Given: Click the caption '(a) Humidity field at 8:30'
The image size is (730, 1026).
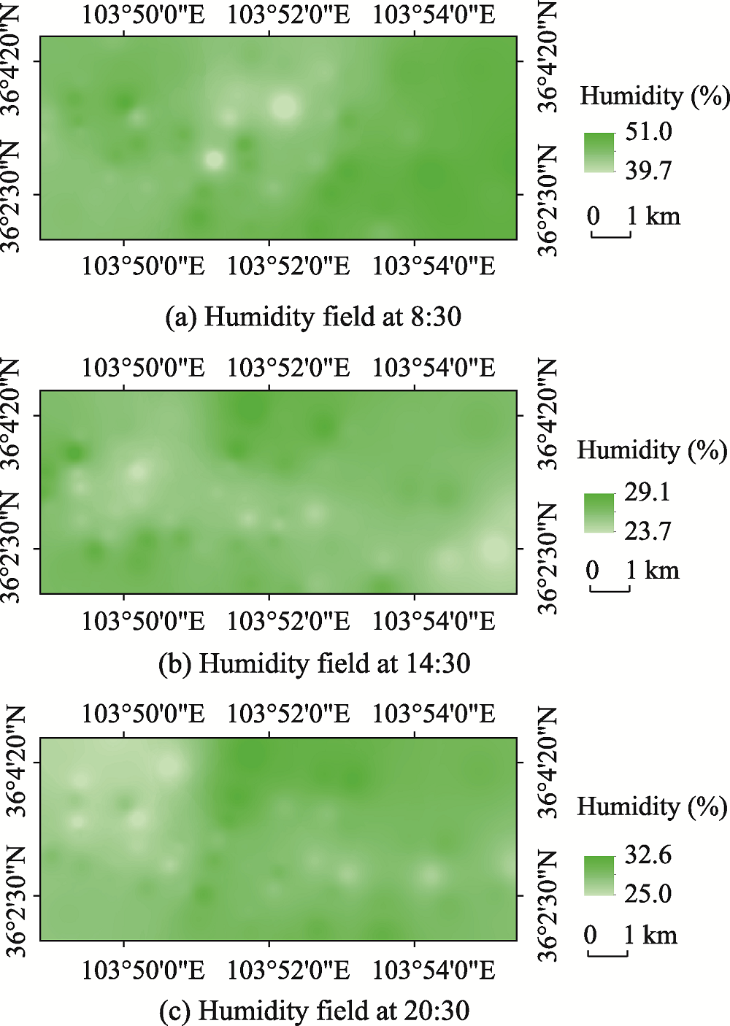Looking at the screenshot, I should point(314,317).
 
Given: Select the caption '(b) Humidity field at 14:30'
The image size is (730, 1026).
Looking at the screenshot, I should point(314,663).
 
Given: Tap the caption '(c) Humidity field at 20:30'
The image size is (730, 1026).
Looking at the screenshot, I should point(314,1011).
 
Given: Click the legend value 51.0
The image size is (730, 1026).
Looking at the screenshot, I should point(648,132).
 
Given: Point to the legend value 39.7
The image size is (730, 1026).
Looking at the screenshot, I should point(648,171).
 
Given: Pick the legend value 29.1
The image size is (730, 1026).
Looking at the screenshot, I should point(647,493).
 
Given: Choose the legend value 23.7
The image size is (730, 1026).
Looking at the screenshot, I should point(647,531).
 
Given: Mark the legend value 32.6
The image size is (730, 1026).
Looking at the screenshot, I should point(648,855).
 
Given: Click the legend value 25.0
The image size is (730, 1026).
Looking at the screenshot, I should point(648,893).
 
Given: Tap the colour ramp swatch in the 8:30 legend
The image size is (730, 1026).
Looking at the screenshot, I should point(599,152).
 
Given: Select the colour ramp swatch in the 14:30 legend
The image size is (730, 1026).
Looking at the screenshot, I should point(599,512).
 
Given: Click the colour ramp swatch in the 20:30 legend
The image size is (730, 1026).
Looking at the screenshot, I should point(599,875).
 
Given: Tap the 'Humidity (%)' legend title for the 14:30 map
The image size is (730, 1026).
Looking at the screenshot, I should point(652,450).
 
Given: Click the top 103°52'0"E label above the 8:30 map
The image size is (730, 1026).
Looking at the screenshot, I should point(288,15).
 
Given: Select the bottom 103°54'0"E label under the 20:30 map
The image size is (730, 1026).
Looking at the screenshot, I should point(434,970).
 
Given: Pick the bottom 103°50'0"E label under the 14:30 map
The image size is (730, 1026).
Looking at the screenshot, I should point(143,621).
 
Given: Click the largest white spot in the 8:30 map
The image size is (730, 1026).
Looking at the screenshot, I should point(285,107).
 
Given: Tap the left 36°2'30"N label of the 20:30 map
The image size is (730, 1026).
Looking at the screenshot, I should point(16,895).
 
